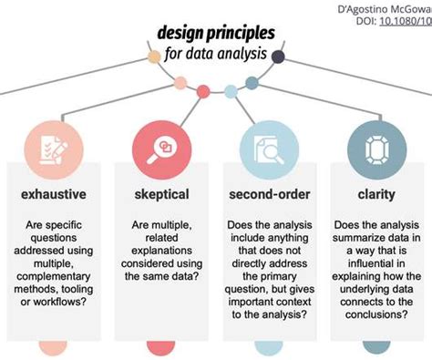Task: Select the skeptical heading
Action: [x=160, y=193]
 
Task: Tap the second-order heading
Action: [x=271, y=193]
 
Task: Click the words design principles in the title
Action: [x=214, y=35]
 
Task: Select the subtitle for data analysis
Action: [x=216, y=54]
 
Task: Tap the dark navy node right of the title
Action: [x=278, y=58]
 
